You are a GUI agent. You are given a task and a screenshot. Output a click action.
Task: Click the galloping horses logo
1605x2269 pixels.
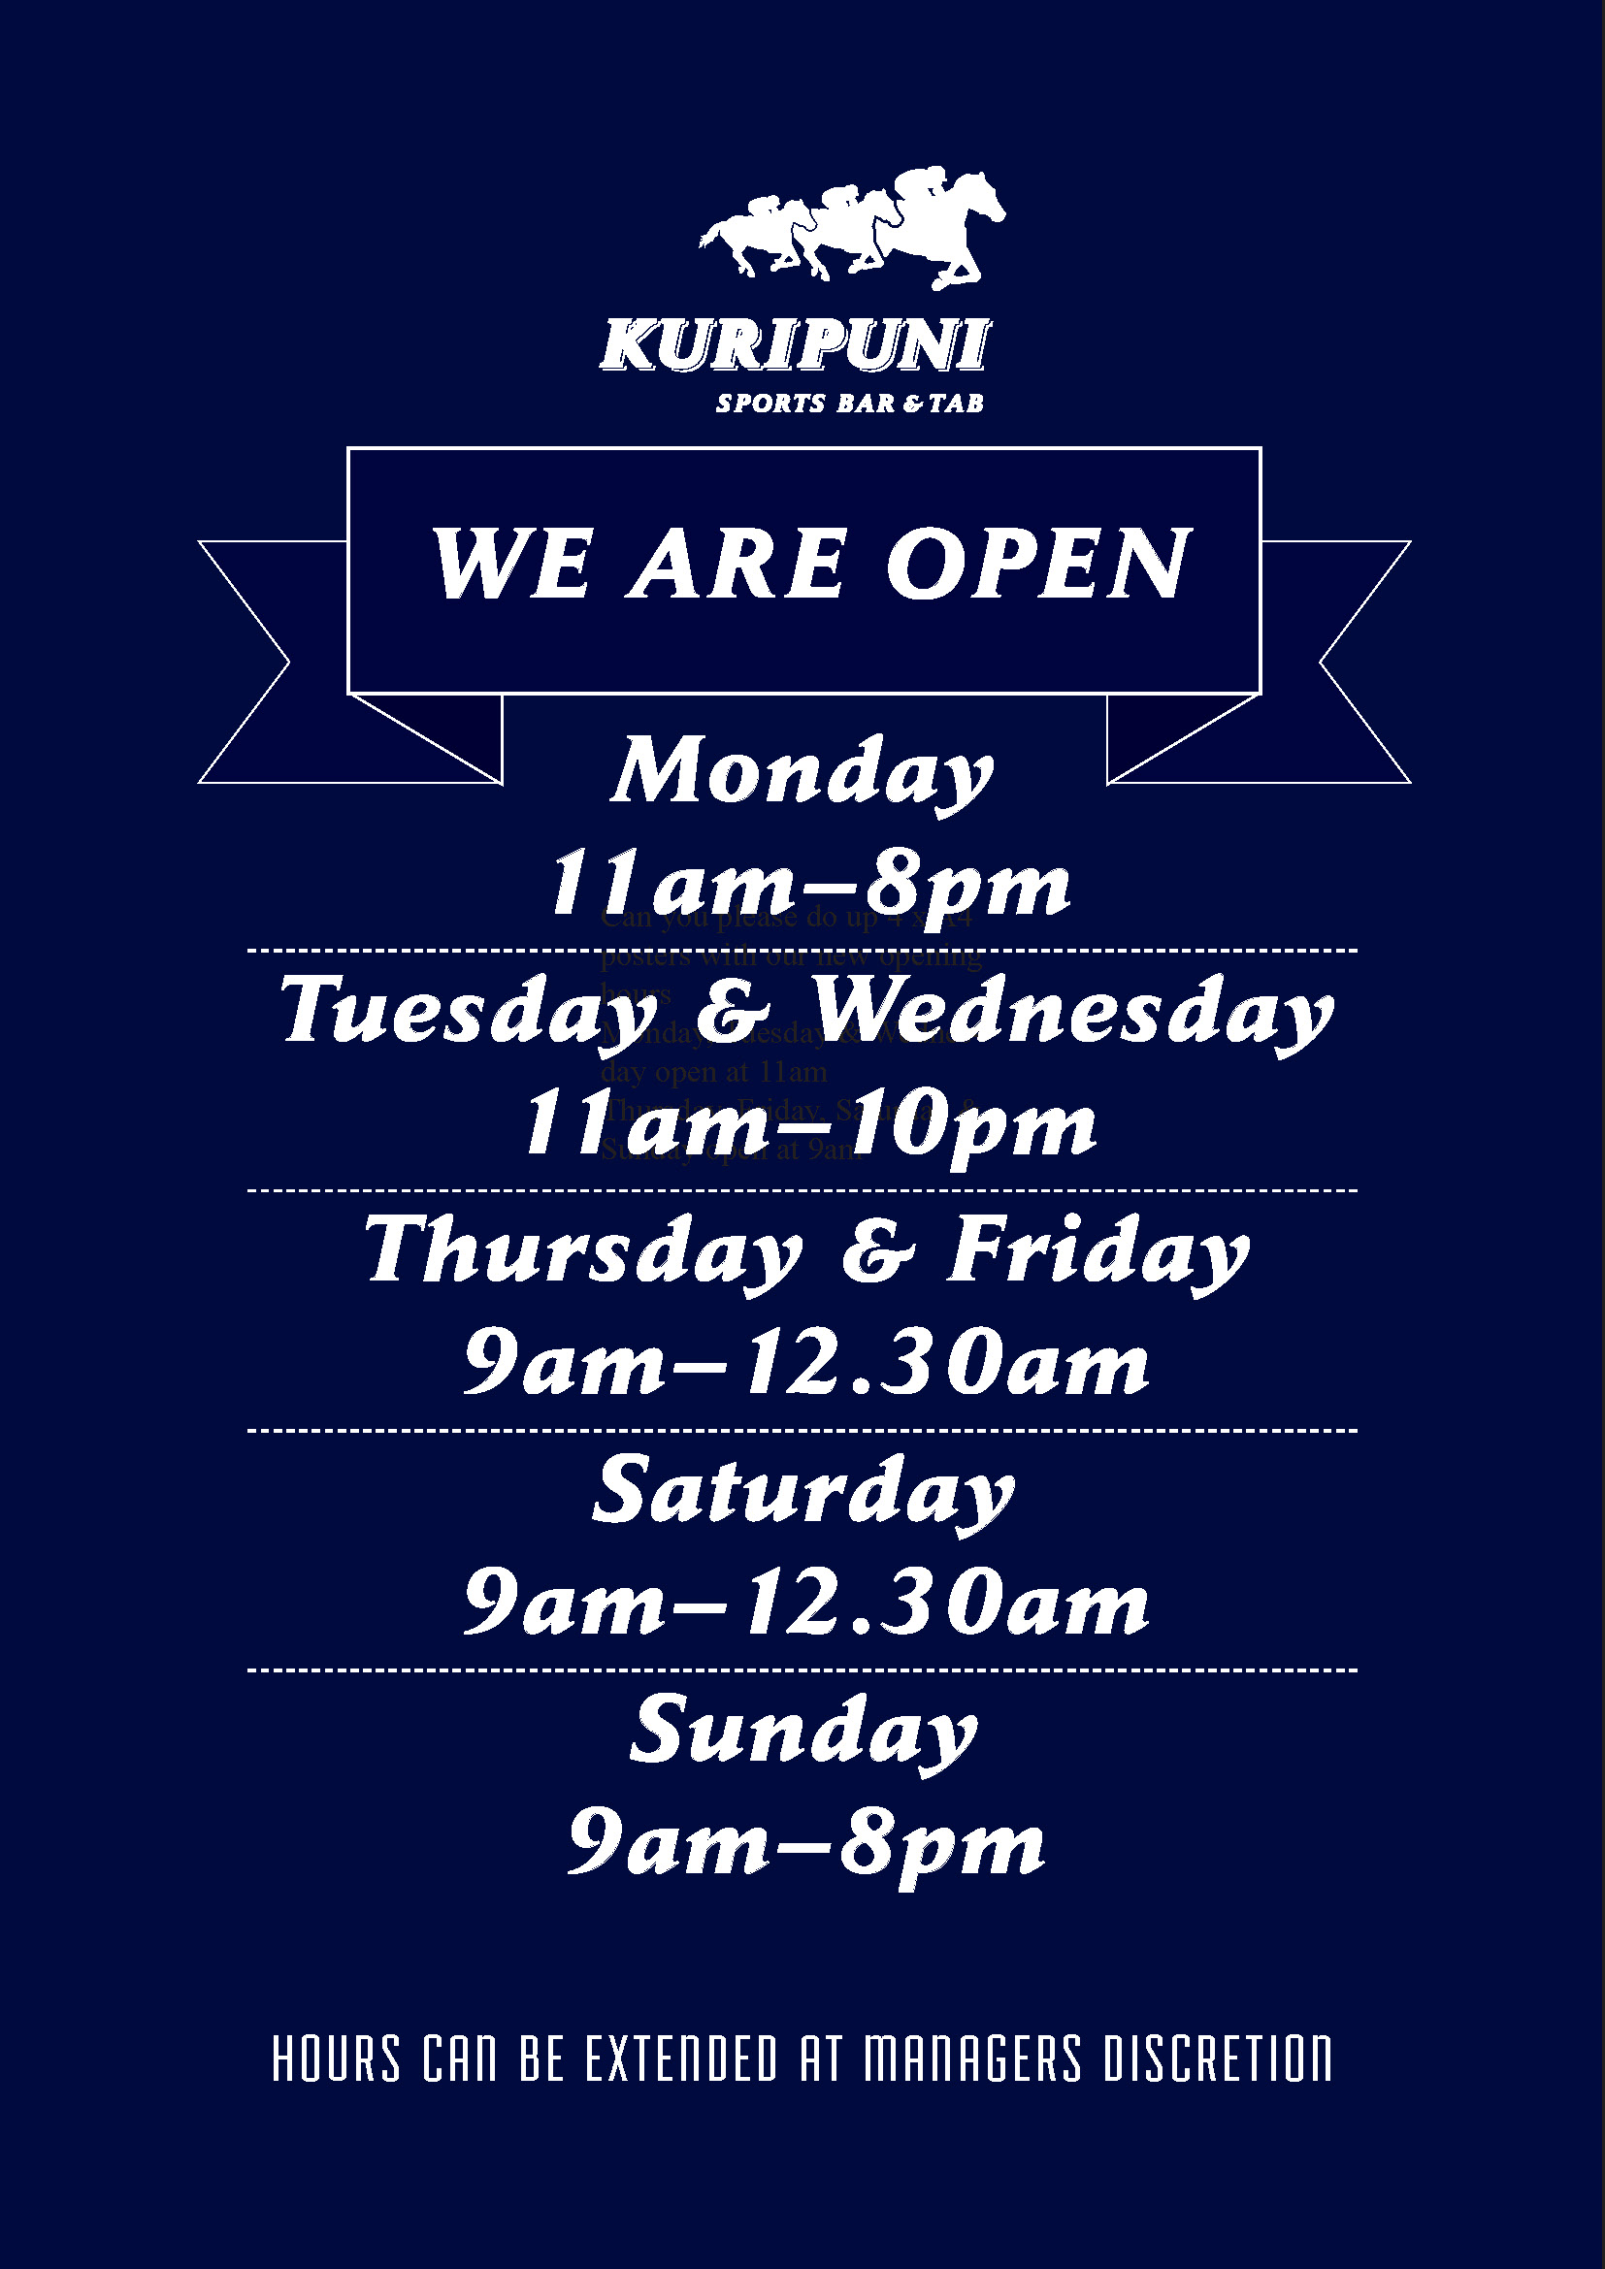[852, 229]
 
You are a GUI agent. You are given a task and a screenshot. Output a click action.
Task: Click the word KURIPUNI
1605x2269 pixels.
[794, 346]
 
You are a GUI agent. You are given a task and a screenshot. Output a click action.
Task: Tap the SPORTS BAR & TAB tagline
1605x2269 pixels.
[849, 404]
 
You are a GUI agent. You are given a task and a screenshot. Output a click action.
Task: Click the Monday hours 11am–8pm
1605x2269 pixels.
[809, 885]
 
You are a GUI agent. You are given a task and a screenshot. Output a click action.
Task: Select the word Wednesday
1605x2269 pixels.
[1072, 1013]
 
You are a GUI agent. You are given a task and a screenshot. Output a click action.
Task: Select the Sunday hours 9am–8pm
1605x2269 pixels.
[806, 1846]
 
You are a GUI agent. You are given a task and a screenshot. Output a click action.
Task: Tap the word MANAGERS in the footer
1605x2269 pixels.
[973, 2059]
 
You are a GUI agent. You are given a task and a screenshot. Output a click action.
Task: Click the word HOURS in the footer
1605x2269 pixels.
[337, 2059]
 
